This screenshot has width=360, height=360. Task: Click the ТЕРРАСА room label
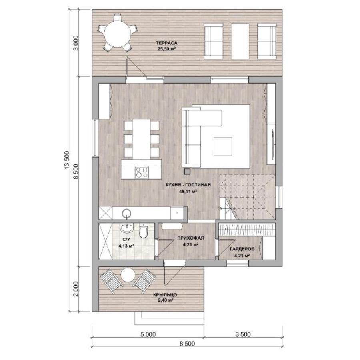coord(167,43)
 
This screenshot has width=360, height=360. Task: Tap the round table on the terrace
coord(117,34)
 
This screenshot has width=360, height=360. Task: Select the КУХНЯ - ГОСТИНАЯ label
coord(188,185)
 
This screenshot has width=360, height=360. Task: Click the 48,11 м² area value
coord(188,191)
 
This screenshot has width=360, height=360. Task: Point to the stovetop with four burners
coord(142,172)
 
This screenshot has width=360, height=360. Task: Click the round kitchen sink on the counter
coord(126,213)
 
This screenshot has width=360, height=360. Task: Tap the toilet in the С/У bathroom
coord(144,231)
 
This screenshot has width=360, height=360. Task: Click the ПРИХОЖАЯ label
coord(190,238)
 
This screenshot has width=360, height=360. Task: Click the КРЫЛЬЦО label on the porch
coord(166,295)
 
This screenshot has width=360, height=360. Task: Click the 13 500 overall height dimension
coord(67,160)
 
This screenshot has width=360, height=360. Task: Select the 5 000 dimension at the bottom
coord(148,334)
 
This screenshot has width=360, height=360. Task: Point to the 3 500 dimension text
coord(243,334)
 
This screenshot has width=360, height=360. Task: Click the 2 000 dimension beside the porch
coord(76,289)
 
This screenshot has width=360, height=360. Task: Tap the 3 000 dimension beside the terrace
coord(76,43)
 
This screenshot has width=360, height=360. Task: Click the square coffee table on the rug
coord(223,146)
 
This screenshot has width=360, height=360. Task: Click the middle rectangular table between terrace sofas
coord(240,41)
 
